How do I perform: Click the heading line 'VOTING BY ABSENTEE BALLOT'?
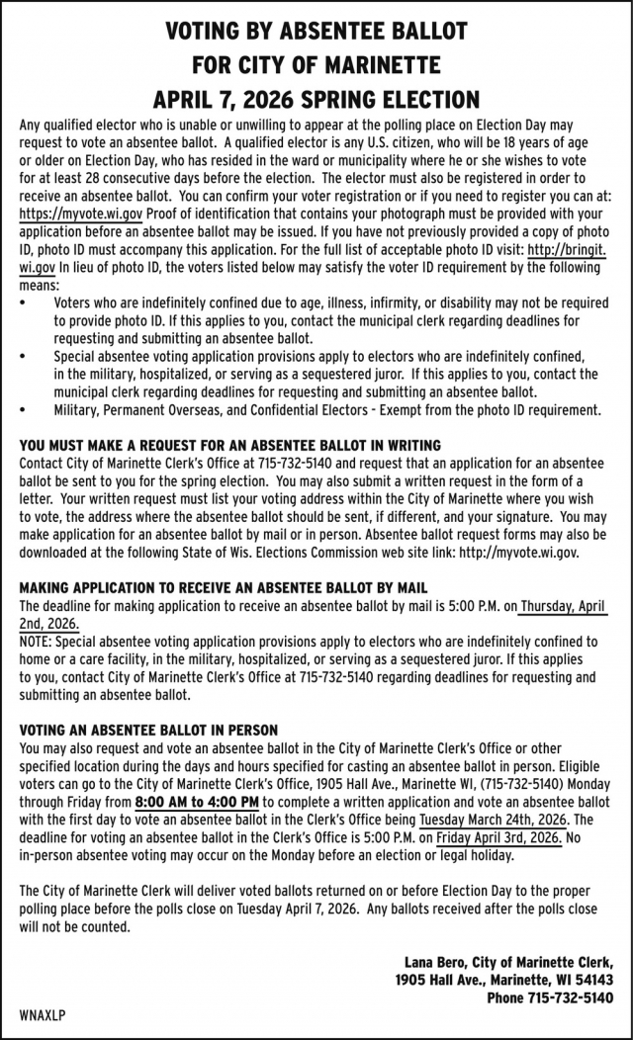click(x=316, y=32)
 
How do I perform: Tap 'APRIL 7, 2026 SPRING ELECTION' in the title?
click(x=316, y=100)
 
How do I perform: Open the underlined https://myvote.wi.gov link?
click(x=81, y=213)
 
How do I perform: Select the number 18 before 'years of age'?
click(x=506, y=143)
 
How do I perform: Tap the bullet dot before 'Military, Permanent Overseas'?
click(x=24, y=409)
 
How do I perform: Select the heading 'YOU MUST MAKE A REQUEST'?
click(x=229, y=446)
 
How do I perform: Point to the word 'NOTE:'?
click(x=38, y=642)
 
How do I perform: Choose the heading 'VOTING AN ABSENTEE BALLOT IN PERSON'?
click(x=148, y=730)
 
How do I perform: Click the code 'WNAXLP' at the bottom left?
click(x=42, y=1016)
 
